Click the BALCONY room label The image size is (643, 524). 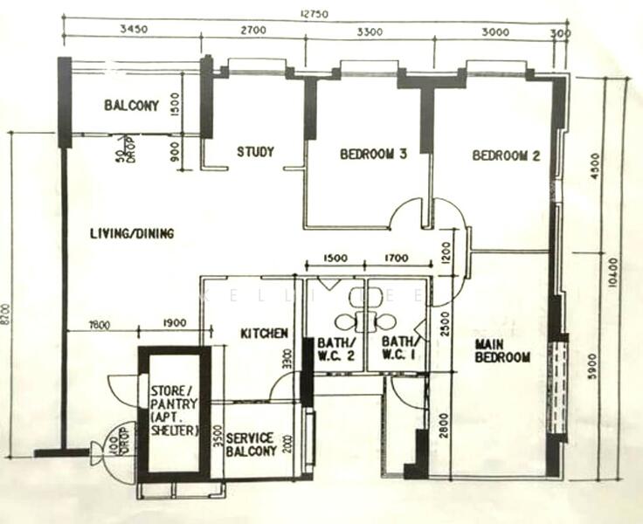coord(132,107)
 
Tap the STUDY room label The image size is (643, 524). coord(255,152)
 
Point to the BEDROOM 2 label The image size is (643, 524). coord(506,156)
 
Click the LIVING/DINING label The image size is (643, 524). coord(132,234)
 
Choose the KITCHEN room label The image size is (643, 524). coord(265,334)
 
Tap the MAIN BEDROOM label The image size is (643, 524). coord(502,351)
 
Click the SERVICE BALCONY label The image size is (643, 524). coord(251,445)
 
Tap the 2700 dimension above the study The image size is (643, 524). coord(252,31)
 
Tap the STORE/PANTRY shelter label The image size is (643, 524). coord(175,410)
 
